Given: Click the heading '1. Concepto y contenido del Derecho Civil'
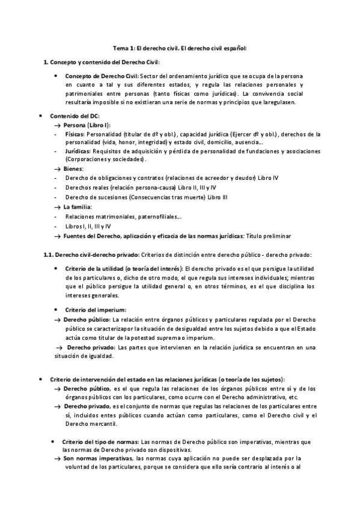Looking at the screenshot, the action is pos(102,63).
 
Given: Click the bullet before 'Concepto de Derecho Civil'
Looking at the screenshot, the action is pos(55,76).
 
